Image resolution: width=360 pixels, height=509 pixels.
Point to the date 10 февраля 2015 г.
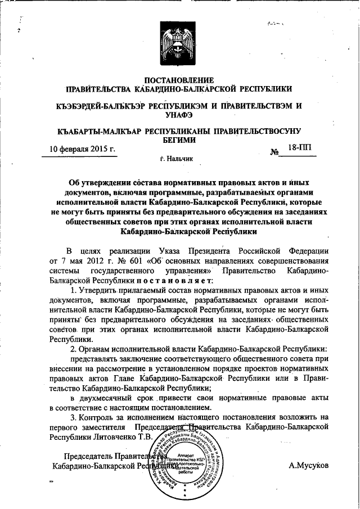[83, 150]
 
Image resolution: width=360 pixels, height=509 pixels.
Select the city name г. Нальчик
[177, 159]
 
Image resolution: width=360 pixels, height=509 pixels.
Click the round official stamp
[181, 461]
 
